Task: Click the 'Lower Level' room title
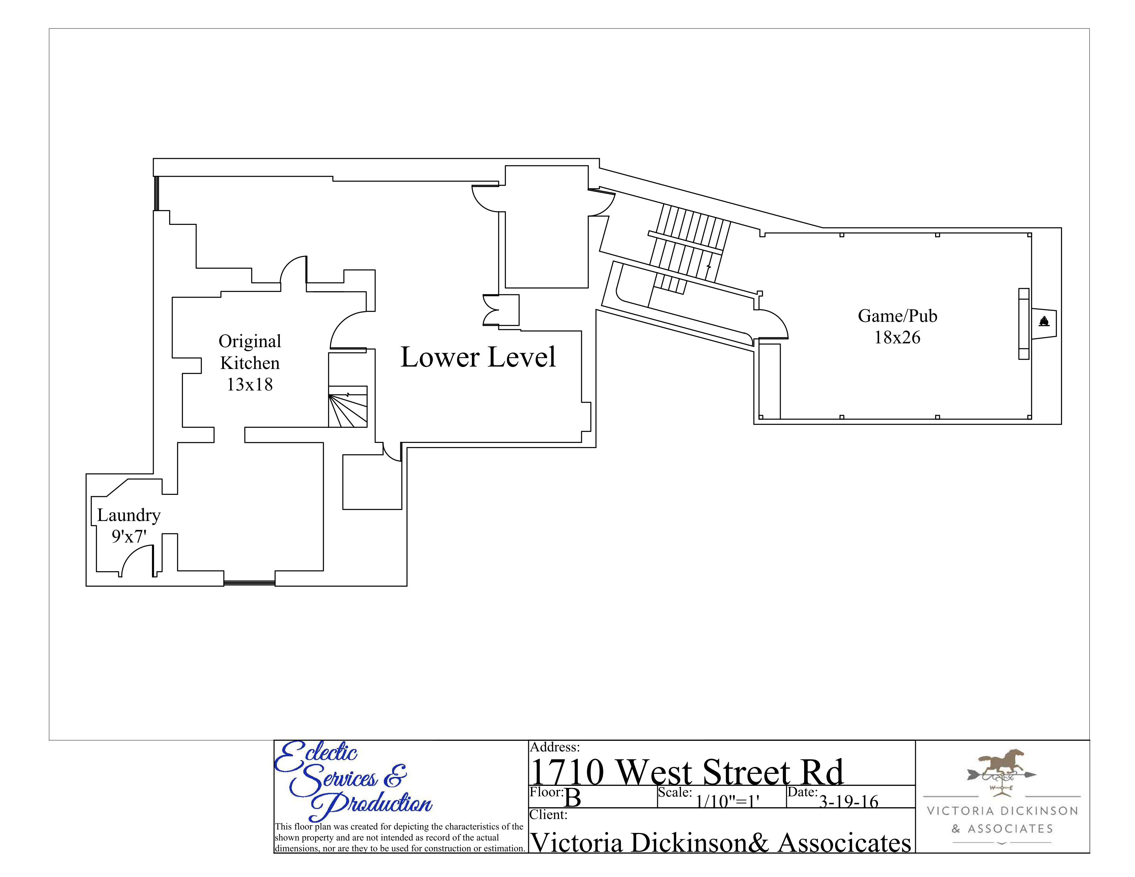click(x=478, y=357)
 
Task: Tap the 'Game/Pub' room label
click(x=897, y=316)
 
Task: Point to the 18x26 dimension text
click(x=897, y=338)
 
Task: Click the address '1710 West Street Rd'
click(x=686, y=772)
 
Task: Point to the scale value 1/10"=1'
click(x=727, y=801)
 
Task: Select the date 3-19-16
click(x=848, y=802)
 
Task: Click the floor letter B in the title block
click(x=572, y=798)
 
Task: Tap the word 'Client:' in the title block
click(x=548, y=815)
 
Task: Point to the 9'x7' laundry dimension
click(x=129, y=536)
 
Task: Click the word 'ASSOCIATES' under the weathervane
click(x=1010, y=829)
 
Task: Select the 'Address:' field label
click(x=554, y=747)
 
